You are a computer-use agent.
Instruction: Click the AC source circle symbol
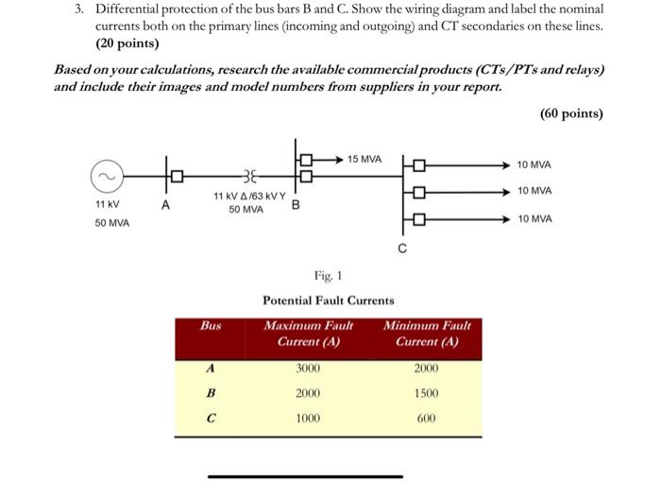(107, 175)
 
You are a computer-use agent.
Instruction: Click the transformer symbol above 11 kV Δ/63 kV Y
(248, 175)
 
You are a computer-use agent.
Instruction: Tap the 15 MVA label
(364, 158)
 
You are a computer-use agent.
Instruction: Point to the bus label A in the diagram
(166, 203)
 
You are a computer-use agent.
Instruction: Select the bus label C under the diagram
(402, 250)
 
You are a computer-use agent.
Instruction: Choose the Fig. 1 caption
(328, 276)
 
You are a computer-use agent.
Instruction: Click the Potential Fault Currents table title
(328, 300)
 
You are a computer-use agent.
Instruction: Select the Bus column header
(211, 324)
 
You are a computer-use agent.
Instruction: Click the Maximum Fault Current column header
(308, 333)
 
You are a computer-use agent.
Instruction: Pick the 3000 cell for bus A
(308, 369)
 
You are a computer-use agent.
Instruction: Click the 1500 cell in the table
(426, 392)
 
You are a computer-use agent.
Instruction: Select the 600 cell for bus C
(426, 417)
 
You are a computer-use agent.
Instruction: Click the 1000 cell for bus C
(308, 417)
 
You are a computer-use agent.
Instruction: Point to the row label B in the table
(211, 392)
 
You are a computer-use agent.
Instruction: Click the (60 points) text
(571, 113)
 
